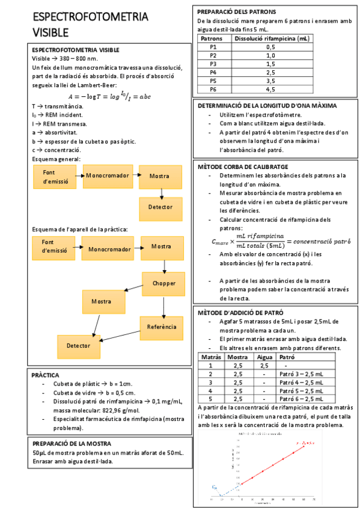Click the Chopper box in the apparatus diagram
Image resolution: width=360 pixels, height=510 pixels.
click(163, 283)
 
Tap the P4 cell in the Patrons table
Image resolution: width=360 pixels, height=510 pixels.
click(213, 72)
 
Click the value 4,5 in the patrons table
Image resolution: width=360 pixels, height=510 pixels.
click(270, 90)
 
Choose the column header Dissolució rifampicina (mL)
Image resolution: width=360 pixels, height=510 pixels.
click(270, 38)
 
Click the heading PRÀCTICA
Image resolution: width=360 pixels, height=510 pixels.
click(45, 375)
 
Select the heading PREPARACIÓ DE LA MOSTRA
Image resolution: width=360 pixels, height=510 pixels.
click(72, 444)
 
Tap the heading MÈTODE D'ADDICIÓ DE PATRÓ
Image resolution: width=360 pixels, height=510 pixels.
click(240, 313)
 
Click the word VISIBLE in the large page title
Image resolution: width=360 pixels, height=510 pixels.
click(50, 32)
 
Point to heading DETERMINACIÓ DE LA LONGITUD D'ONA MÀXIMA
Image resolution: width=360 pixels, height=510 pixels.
click(267, 105)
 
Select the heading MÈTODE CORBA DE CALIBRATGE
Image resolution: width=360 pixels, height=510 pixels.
click(243, 166)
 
